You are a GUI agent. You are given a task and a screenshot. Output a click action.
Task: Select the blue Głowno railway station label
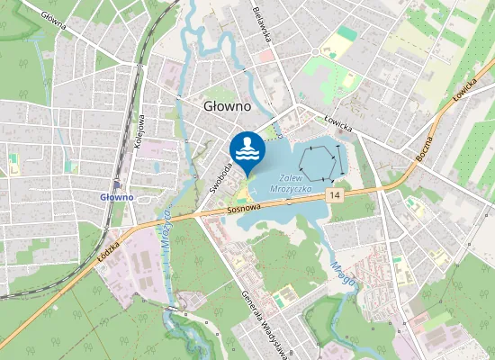click(x=116, y=196)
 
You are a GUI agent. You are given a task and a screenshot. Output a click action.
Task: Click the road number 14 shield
click(x=335, y=194)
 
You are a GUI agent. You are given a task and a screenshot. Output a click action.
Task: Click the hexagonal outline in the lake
click(x=321, y=163)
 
